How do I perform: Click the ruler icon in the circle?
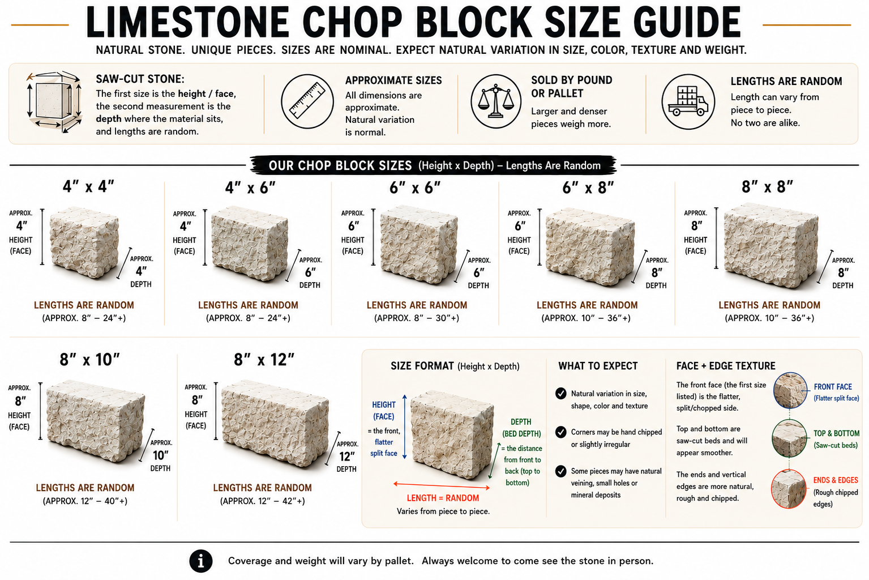(307, 101)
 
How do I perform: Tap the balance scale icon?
(496, 101)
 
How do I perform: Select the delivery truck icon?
(688, 101)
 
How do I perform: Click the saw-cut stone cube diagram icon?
(54, 102)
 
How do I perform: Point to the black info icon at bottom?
(200, 561)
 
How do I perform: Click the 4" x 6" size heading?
(250, 188)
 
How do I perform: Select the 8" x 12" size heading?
(264, 360)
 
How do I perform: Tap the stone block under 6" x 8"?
(590, 247)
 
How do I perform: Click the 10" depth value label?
(161, 455)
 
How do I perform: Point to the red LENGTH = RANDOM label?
(443, 498)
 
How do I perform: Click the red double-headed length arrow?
(442, 485)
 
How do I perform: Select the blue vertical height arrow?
(404, 427)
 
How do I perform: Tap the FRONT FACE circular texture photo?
(790, 390)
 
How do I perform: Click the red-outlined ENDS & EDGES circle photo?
(789, 489)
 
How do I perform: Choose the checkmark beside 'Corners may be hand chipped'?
(560, 432)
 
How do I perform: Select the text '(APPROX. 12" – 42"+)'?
(262, 501)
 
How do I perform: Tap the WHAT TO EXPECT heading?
(598, 366)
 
